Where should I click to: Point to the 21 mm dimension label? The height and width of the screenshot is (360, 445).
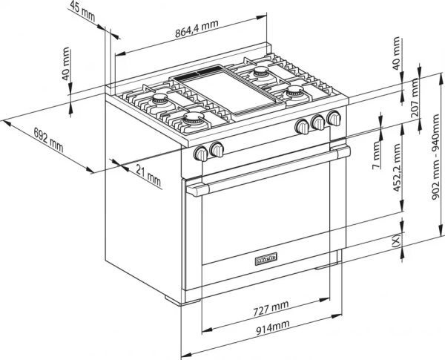coord(148,175)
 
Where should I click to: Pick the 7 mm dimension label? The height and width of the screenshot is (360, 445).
coord(378,157)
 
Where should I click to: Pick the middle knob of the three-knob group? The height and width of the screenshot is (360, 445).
coord(318,122)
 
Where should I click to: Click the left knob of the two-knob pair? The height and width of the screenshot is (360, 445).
coord(201,153)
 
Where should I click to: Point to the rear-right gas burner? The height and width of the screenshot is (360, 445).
coord(261,73)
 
